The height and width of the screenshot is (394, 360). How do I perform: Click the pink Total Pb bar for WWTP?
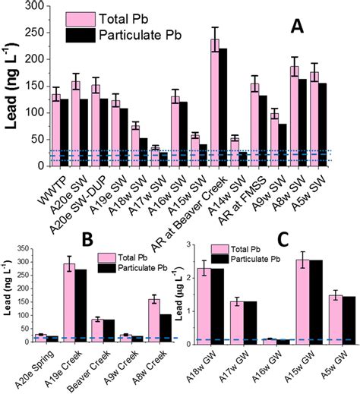[56, 129]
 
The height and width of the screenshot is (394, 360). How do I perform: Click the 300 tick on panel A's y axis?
[35, 7]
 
